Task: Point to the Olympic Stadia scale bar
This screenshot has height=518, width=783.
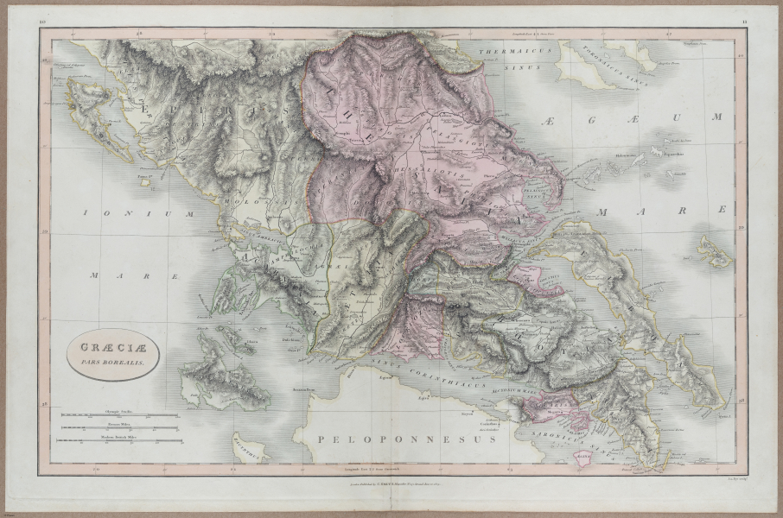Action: click(118, 415)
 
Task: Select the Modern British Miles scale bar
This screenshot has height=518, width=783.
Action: click(118, 440)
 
